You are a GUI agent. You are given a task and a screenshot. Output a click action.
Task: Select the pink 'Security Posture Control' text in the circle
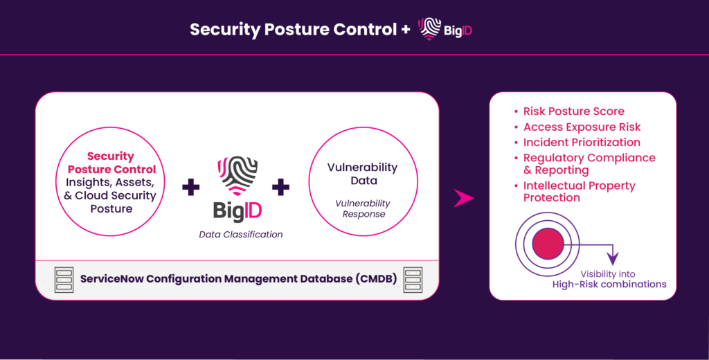point(111,163)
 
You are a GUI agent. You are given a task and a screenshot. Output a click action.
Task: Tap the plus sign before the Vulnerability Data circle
point(280,186)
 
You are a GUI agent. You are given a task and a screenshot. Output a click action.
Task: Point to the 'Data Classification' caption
point(241,235)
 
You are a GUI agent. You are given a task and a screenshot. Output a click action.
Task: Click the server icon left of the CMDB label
point(64,279)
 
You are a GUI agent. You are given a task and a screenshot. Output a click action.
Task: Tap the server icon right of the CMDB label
point(413,279)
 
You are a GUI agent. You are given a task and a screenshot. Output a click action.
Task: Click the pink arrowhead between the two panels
point(463,199)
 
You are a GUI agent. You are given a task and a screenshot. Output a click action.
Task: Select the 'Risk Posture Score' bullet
point(573,111)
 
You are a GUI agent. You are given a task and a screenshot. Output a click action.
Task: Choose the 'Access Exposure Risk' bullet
point(582,127)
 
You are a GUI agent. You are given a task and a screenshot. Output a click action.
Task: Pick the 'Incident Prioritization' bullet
point(582,143)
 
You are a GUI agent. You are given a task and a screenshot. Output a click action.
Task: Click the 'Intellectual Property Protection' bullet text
point(579,192)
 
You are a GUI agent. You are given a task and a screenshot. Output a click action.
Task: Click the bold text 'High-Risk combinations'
point(609,285)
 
